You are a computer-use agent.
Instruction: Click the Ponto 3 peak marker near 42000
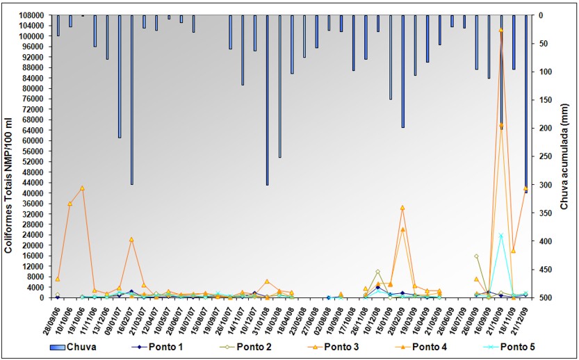coord(82,188)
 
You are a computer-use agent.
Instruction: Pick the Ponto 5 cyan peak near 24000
coord(501,236)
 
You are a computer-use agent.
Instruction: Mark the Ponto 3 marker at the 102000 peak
coord(501,30)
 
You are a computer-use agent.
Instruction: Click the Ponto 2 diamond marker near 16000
coord(477,256)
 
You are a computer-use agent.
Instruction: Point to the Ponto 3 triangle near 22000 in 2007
coord(131,240)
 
